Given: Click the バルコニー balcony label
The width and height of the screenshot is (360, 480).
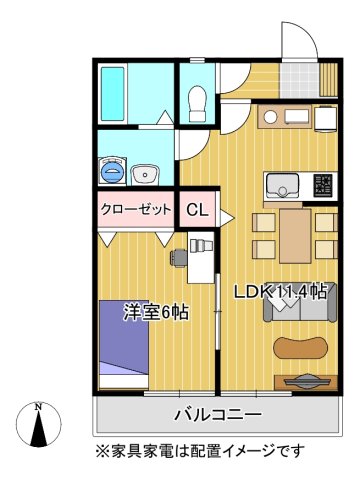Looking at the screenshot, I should coord(218,414).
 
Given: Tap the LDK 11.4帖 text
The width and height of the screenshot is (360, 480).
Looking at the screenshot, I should coord(280,292).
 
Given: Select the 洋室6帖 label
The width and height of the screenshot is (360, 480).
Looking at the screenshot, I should coord(157,310).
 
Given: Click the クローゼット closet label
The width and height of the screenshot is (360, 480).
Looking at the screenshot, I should coord(137,210).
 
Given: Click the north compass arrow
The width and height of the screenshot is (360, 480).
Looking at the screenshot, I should coord(38,424).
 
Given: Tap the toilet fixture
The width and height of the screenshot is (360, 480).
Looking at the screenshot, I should coord(197,98).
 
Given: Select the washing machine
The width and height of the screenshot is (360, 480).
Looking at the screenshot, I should coord(113,171).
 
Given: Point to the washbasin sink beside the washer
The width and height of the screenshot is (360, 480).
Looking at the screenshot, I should coord(148,171).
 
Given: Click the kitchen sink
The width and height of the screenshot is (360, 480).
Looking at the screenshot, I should coord(282,184).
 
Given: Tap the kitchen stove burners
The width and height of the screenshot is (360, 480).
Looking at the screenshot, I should coord(325,184).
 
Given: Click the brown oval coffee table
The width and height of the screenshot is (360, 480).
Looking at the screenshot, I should coord(300,347).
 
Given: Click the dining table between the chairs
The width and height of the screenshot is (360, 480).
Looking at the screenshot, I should coord(296,234).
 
